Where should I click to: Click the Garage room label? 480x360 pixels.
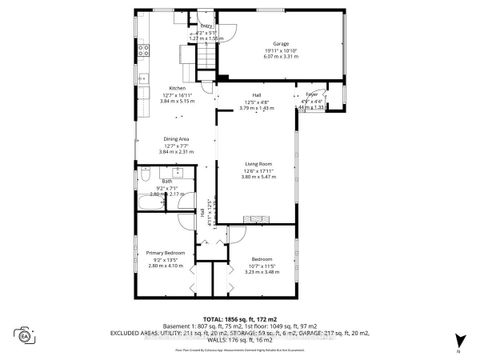click(x=283, y=44)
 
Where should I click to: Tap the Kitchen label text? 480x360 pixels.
click(x=178, y=88)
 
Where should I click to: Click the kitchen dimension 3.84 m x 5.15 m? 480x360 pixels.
click(x=178, y=101)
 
